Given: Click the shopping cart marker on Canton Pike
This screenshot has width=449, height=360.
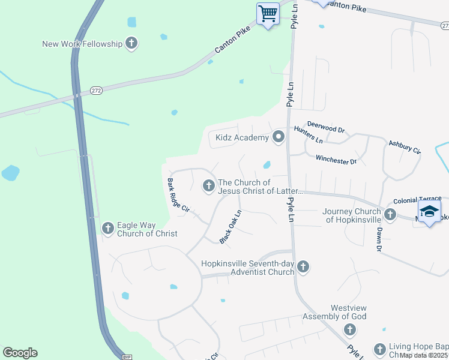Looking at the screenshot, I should tap(268, 13).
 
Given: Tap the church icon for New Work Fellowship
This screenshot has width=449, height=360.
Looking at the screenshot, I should tap(131, 43).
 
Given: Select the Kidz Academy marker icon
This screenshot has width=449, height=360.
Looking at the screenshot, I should tap(278, 138).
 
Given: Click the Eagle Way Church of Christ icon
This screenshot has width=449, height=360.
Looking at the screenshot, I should tap(108, 228).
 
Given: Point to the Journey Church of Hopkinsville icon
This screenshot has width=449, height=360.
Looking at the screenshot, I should tap(390, 214).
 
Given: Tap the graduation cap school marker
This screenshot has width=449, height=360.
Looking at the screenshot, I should tap(429, 212).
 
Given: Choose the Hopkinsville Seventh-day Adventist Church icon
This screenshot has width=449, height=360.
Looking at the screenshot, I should tap(303, 266).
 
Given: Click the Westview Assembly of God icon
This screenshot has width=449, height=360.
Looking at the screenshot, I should tap(349, 329).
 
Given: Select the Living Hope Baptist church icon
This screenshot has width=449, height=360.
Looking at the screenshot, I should tap(379, 349).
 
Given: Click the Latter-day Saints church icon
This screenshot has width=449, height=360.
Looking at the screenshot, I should tap(209, 186).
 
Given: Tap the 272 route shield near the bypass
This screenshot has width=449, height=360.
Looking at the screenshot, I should tap(96, 89).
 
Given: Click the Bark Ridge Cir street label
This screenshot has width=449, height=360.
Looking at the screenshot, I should tap(178, 196).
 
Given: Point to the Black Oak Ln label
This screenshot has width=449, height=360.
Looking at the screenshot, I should tap(231, 227).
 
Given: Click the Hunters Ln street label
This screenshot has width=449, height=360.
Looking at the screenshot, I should tap(309, 135).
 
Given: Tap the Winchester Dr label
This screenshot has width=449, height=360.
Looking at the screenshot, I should tap(336, 160).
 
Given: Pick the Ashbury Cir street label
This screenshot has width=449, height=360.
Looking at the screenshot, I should tap(405, 146).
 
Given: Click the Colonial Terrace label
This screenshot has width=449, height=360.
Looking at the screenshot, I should tap(417, 199).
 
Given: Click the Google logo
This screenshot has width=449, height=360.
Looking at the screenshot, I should tap(20, 353).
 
